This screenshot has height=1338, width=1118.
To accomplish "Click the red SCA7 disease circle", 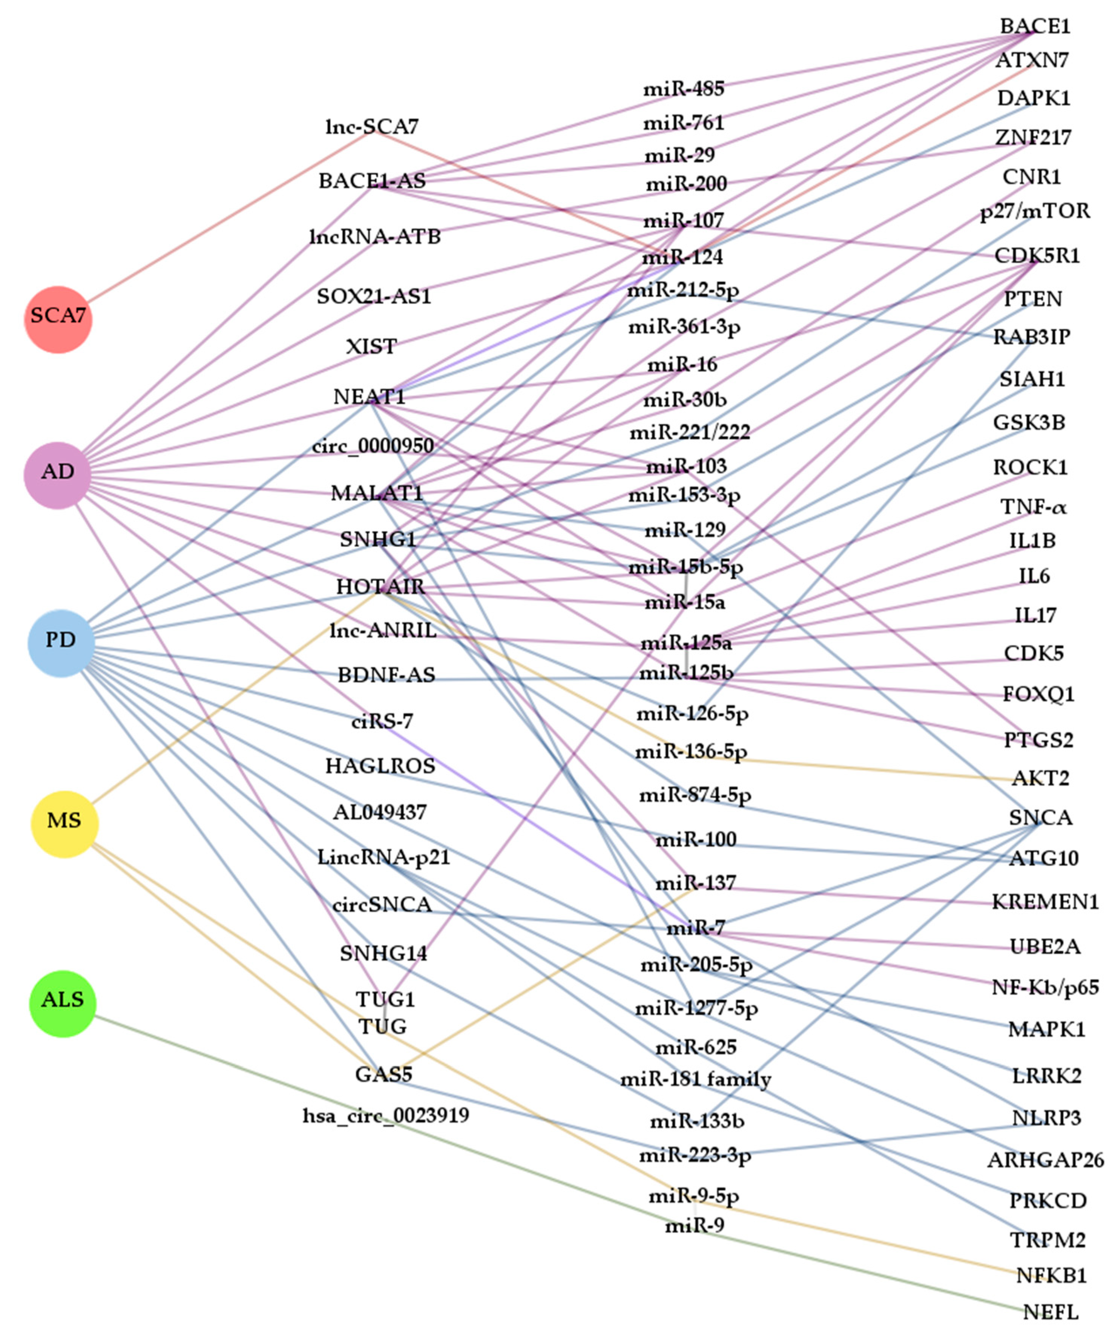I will [58, 319].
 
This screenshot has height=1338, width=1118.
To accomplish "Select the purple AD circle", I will [58, 475].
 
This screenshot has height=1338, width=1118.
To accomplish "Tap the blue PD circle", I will [61, 643].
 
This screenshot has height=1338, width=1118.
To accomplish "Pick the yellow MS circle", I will [64, 824].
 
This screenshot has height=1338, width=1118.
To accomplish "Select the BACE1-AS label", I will [372, 181].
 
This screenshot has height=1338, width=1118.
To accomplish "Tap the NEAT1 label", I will [370, 397].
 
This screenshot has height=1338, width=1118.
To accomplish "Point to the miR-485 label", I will [684, 89].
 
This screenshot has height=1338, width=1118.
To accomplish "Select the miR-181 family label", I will [696, 1079].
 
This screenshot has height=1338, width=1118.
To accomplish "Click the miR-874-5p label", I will [695, 795].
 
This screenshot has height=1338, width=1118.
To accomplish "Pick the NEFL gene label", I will [1051, 1312].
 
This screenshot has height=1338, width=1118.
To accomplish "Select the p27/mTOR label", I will [1035, 211].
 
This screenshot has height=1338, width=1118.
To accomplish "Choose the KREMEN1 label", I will [1045, 902].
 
